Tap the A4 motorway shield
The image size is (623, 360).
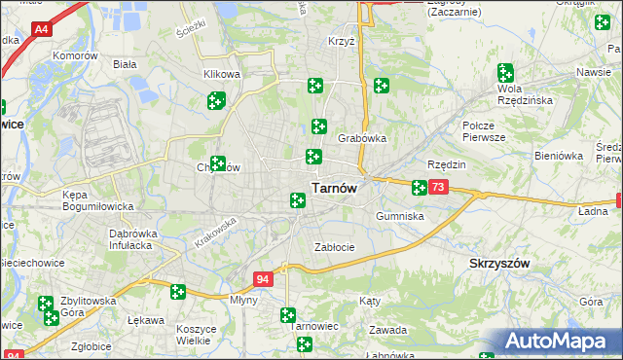[41, 30]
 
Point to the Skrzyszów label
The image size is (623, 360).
[499, 264]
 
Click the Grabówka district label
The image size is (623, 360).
[362, 138]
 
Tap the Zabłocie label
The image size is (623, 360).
[334, 247]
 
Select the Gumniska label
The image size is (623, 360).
[400, 216]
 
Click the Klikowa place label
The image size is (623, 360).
[222, 74]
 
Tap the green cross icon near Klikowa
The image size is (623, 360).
[216, 99]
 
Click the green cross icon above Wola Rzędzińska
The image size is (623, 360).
[505, 72]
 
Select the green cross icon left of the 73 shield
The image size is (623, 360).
[419, 188]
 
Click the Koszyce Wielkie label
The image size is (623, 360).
[197, 335]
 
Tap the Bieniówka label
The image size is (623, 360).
[559, 155]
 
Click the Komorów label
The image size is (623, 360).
[77, 56]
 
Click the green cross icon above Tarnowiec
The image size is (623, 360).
[288, 315]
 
